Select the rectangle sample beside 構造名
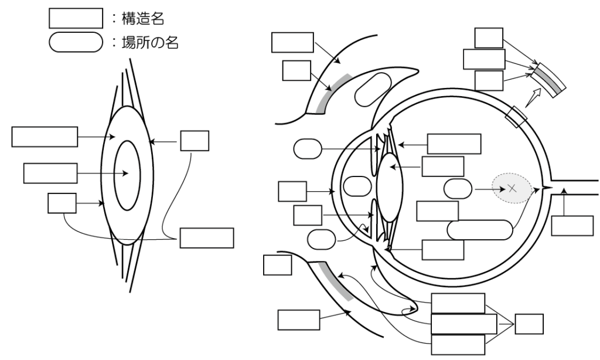pyautogui.click(x=72, y=19)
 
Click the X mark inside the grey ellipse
pyautogui.click(x=512, y=188)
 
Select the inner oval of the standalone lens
pyautogui.click(x=127, y=174)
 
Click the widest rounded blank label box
pyautogui.click(x=480, y=230)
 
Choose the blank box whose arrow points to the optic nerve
pyautogui.click(x=572, y=226)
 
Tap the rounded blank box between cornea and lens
pyautogui.click(x=356, y=186)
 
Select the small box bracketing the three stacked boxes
pyautogui.click(x=529, y=324)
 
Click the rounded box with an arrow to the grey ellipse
pyautogui.click(x=458, y=189)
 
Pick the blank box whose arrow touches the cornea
pyautogui.click(x=292, y=191)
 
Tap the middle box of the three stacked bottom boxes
pyautogui.click(x=463, y=323)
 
